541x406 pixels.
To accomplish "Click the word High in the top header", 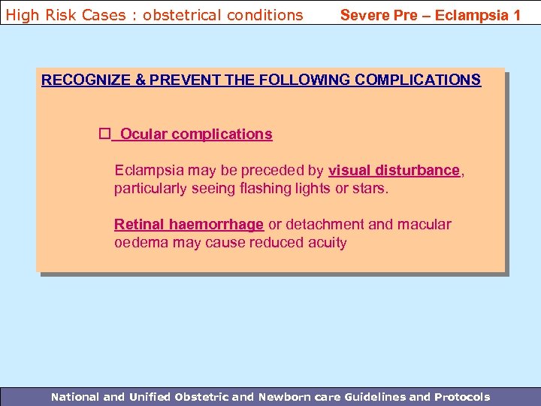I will click(22, 14).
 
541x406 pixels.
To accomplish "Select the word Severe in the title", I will click(366, 14).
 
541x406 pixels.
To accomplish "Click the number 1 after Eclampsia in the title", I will click(516, 14).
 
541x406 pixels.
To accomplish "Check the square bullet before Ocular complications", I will click(104, 134).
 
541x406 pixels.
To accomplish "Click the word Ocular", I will click(144, 134).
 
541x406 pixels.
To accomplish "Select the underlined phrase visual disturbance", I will click(394, 170).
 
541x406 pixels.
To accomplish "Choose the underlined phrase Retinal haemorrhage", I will click(189, 224).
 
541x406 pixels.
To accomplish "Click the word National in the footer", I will click(74, 396).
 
